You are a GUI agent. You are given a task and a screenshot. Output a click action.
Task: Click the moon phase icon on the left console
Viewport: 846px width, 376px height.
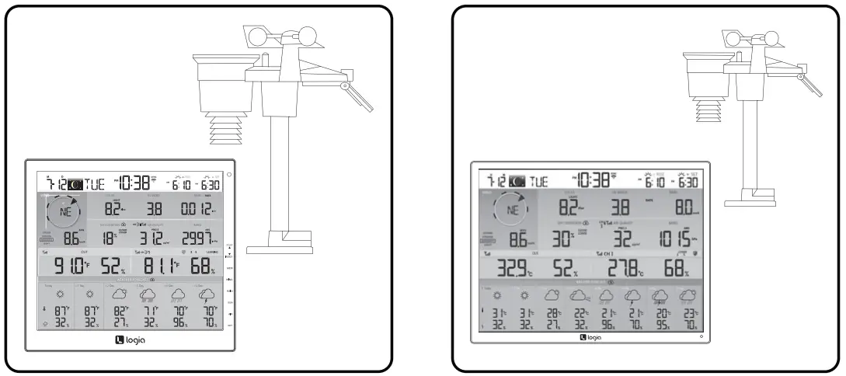(x=75, y=184)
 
